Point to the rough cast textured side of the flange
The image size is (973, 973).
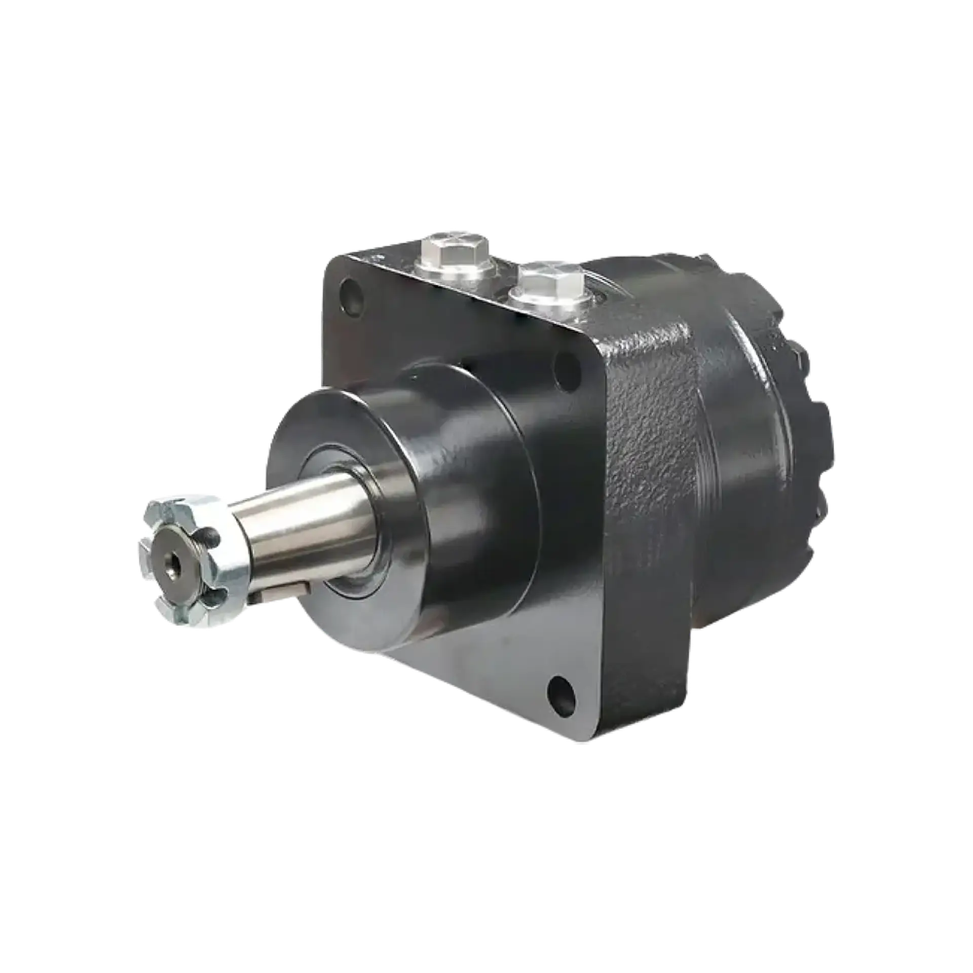coord(654,481)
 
